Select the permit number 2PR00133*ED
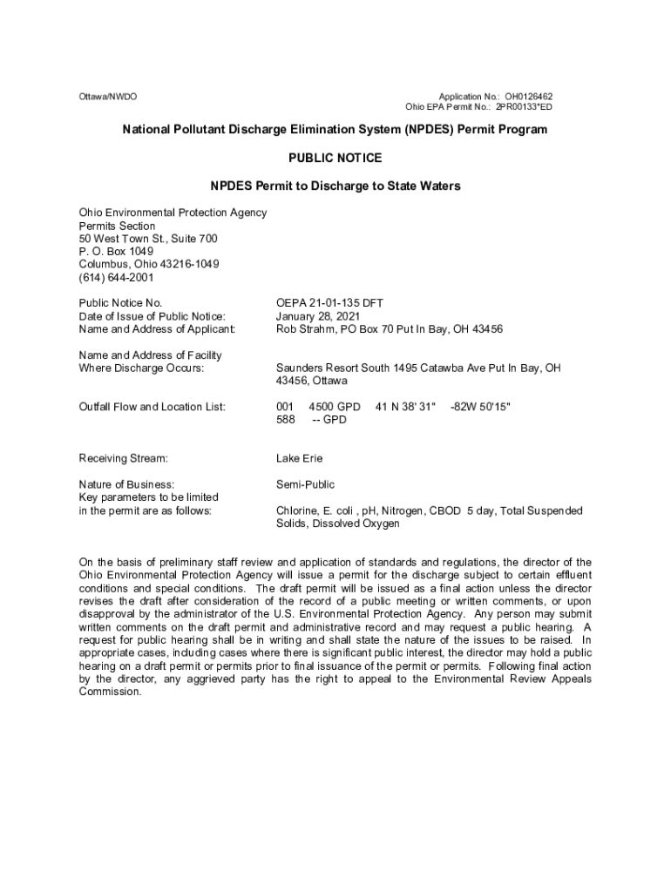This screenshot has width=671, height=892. click(524, 107)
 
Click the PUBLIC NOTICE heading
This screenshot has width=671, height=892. click(335, 158)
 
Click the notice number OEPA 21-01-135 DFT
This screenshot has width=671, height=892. click(329, 303)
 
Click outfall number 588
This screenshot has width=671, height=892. click(286, 420)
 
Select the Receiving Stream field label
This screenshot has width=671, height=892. click(123, 458)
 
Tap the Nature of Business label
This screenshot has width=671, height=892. click(126, 484)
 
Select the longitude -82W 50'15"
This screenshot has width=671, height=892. click(480, 407)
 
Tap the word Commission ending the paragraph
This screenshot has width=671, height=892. click(110, 693)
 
